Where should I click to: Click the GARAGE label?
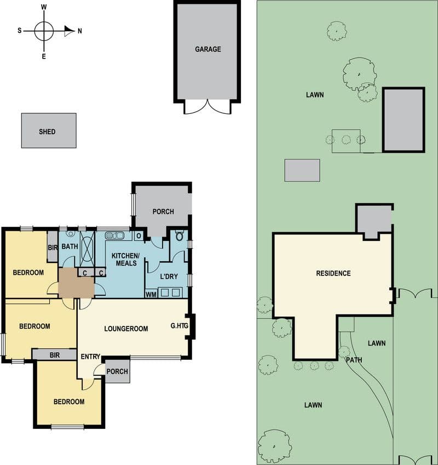point(208,49)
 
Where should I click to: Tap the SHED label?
point(47,131)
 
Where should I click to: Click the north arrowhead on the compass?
point(70,31)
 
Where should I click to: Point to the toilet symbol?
point(179,236)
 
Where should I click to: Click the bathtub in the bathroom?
point(87,249)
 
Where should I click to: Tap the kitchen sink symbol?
point(114,236)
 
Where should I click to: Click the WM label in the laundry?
point(151,295)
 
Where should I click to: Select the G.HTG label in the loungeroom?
point(179,326)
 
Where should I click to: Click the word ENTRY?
point(90,357)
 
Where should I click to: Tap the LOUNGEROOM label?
point(126,329)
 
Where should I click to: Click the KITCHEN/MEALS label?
point(125,260)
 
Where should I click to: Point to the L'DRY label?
point(169,277)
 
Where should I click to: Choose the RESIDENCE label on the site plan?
point(333,273)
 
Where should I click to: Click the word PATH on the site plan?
point(354,360)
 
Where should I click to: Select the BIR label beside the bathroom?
point(53,247)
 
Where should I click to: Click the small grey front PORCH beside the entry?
point(118,371)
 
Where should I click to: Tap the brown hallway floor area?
point(76,283)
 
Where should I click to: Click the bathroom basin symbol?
point(70,234)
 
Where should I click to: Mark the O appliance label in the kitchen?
point(139,236)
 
